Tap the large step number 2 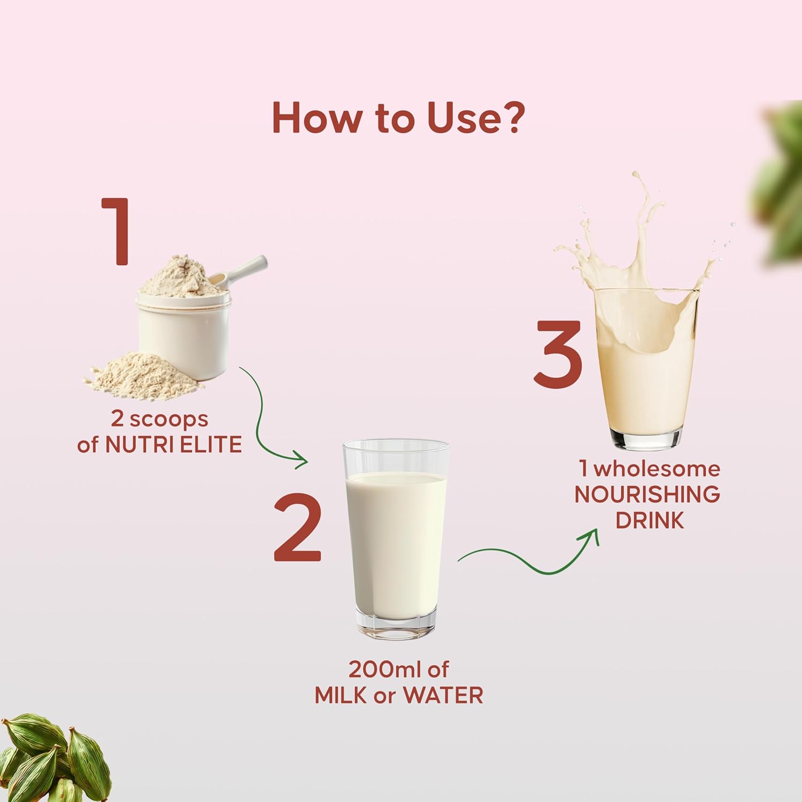pos(298,527)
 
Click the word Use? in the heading pos(476,118)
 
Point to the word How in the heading pos(315,118)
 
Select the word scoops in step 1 pos(169,420)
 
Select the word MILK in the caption pos(334,696)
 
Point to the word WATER pos(443,696)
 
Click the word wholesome pos(657,469)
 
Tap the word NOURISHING pos(647,495)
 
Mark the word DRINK pos(650,520)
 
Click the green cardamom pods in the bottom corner pos(53,759)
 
